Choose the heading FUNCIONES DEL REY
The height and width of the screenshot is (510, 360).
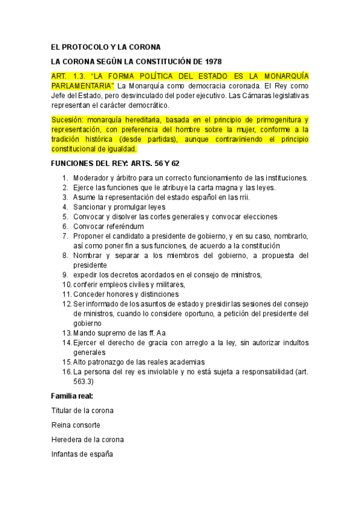tap(93, 163)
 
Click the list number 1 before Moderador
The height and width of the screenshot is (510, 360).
tap(66, 178)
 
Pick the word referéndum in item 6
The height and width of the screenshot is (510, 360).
tap(124, 226)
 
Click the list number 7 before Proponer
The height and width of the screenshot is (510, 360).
tap(66, 236)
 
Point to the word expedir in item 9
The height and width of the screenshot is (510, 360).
tap(87, 275)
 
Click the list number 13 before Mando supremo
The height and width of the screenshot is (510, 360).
tap(66, 333)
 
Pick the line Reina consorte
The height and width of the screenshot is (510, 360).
tap(76, 425)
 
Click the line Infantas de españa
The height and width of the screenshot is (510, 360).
tap(82, 453)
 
